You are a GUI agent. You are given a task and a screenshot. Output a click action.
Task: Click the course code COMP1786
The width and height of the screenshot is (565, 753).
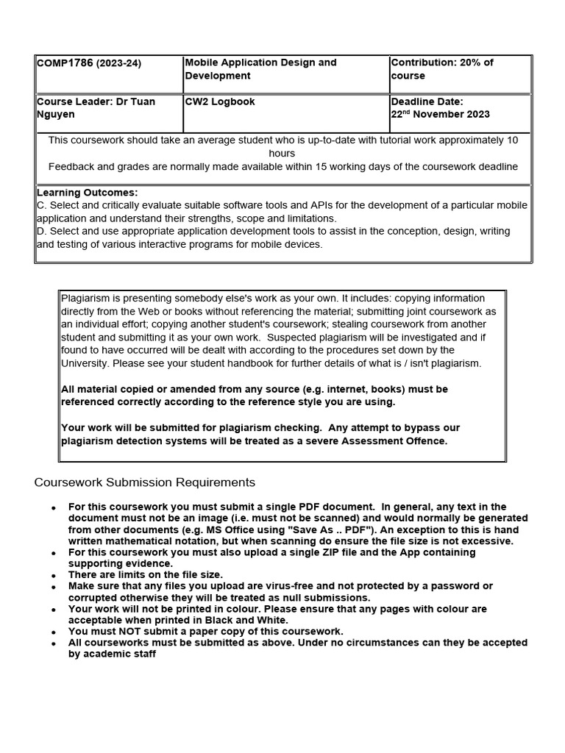65,63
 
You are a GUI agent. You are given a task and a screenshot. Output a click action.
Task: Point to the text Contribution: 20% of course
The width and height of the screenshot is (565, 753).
441,69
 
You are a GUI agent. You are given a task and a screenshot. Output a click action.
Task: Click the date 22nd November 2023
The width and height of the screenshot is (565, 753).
440,114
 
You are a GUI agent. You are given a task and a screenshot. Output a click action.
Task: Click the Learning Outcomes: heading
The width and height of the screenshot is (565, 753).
87,193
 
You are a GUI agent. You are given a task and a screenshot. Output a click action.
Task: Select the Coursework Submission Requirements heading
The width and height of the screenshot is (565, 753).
145,482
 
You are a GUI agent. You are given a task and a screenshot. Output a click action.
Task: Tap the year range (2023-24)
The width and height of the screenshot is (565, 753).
119,63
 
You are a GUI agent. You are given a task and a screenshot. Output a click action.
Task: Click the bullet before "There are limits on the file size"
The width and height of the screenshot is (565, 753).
53,576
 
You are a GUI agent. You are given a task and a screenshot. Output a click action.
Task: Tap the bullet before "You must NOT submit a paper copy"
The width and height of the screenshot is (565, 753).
53,632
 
